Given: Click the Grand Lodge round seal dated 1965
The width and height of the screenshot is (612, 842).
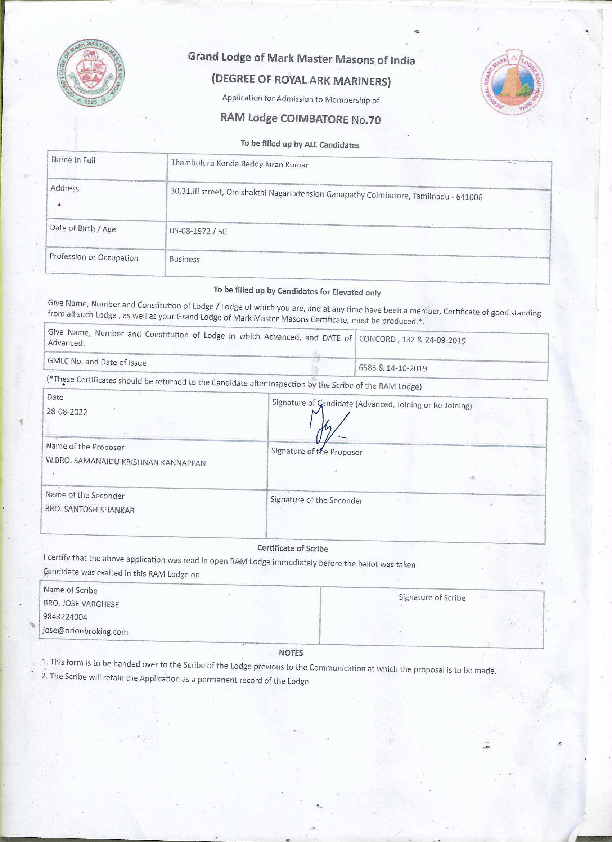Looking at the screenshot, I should point(91,73).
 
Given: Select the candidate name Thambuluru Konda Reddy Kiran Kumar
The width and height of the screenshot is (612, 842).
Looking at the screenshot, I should point(239,164).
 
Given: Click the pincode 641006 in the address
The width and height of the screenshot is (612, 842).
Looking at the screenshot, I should point(469,197).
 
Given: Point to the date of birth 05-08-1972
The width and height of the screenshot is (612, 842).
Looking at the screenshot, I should point(190,231).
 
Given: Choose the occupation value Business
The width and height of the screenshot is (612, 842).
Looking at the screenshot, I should point(184,259).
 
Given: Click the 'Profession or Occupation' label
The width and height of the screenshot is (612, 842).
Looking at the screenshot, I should point(94,257).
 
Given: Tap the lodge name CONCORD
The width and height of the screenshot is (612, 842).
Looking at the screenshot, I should point(377,339).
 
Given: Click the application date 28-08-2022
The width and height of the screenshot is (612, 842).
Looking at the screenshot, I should point(67,412).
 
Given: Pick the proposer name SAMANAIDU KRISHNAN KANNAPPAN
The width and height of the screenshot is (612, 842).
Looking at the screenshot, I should point(140,462).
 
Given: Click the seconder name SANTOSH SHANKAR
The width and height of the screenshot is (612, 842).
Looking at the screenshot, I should point(99,510).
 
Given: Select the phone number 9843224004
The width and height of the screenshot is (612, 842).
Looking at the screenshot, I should point(65,617).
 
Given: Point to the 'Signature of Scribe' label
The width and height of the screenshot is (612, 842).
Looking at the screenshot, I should point(432,597).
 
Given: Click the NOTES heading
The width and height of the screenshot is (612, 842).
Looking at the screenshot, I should point(291,653).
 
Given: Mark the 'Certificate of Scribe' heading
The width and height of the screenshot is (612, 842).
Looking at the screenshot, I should point(292,548).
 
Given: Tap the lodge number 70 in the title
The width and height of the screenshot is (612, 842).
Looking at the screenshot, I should point(374,120).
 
